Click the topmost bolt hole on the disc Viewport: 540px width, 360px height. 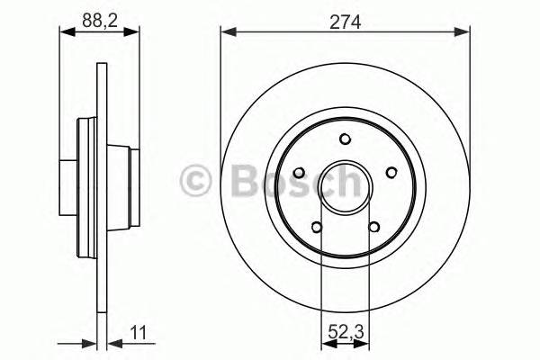pos(346,139)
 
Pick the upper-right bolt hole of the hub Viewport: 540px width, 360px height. pos(391,173)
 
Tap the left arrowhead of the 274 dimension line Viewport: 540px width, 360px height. pos(228,33)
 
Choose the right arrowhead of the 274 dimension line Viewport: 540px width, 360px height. pos(463,33)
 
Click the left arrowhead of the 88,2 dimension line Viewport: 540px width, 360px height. pos(65,33)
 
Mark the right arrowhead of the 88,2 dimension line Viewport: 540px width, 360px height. pos(134,33)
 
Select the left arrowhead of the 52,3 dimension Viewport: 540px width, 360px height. pos(327,343)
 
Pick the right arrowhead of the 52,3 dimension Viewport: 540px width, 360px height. pos(364,343)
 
